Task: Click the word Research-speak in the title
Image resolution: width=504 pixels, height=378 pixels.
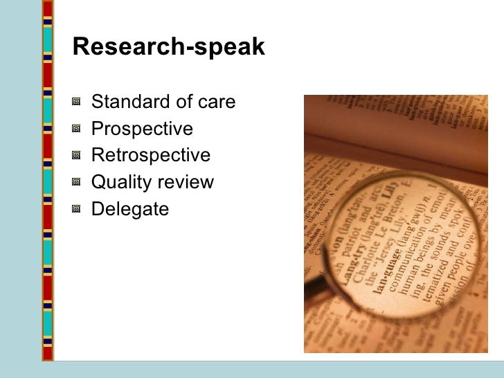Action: coord(168,47)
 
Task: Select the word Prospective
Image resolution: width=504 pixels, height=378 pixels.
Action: coord(142,129)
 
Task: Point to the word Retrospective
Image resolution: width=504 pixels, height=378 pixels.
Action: coord(150,156)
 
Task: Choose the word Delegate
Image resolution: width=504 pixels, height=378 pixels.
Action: coord(129,209)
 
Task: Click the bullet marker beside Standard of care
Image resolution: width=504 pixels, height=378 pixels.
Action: coord(76,103)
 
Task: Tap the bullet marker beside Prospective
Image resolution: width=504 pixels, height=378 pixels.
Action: coord(76,129)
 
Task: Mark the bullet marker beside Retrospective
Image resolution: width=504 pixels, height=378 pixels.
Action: coord(76,156)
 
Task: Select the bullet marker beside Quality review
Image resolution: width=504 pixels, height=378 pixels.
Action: coord(76,183)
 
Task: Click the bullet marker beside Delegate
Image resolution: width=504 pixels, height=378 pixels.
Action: coord(76,209)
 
